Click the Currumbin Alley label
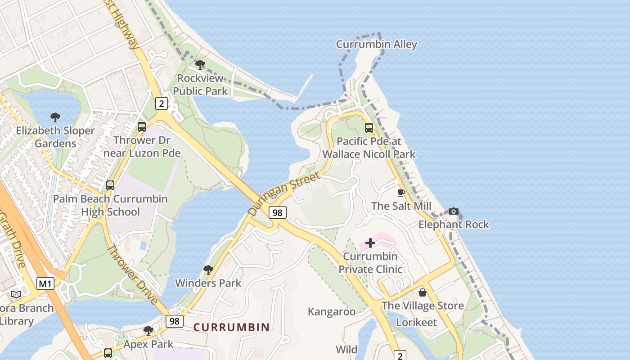[377, 44]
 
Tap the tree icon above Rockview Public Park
[200, 65]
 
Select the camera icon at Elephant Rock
[454, 211]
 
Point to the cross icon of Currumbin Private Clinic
[370, 243]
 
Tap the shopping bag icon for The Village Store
[423, 292]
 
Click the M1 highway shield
[45, 283]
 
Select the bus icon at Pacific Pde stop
[369, 128]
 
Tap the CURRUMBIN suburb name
[231, 327]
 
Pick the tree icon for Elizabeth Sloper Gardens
[55, 118]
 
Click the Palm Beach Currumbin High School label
[110, 205]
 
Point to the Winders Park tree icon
[208, 270]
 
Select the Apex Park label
[148, 344]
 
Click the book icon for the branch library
[16, 294]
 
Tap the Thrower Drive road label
[132, 274]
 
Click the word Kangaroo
[332, 311]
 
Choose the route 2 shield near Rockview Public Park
[162, 103]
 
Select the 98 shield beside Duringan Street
[278, 212]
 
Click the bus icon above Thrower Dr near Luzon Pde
[142, 127]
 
